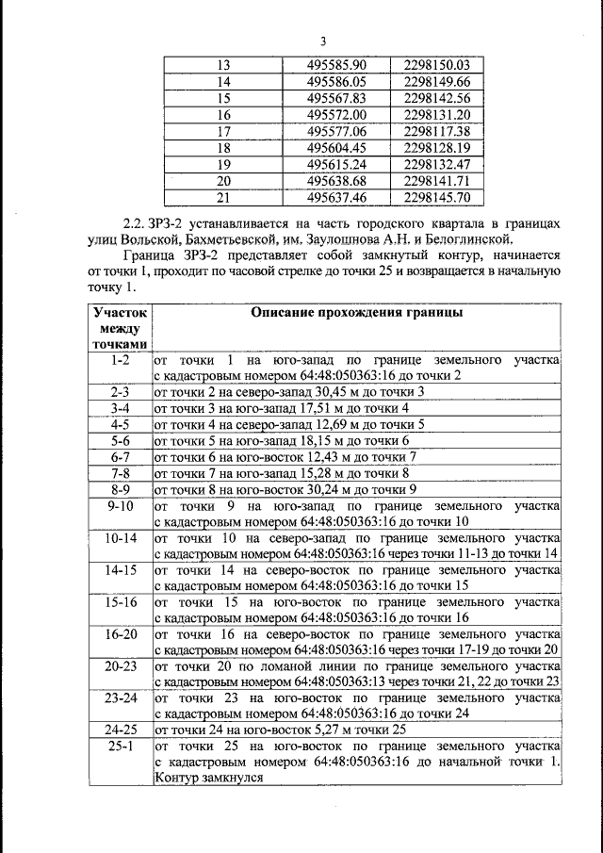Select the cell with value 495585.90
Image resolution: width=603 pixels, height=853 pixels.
336,65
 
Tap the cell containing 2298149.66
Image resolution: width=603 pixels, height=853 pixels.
436,82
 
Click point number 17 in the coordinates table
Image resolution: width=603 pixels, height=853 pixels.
223,131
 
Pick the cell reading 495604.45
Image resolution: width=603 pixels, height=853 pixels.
336,148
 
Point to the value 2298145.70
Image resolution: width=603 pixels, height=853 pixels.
436,198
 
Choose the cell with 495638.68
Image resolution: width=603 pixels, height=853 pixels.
336,181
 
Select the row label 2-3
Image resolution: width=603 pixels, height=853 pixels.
120,391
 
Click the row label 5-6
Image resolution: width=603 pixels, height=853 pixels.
120,440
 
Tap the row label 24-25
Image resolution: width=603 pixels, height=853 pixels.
120,730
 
